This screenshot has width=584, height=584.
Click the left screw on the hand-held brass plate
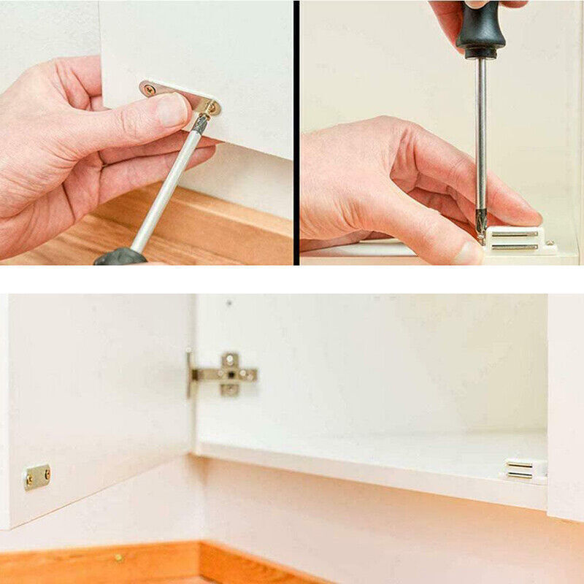coord(150,90)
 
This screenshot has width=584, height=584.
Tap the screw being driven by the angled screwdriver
coord(211,108)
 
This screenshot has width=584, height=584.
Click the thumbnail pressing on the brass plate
coord(173,109)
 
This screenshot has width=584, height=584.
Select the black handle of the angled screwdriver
coord(120,256)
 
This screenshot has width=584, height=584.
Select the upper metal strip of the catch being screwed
coord(515,234)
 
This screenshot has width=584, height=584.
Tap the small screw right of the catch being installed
coord(550,243)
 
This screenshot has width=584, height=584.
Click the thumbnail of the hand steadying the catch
coord(468,253)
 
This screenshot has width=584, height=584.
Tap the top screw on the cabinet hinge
coord(231,358)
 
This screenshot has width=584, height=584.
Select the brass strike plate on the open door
coord(36,477)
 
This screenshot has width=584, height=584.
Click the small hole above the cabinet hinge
coord(228,302)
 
